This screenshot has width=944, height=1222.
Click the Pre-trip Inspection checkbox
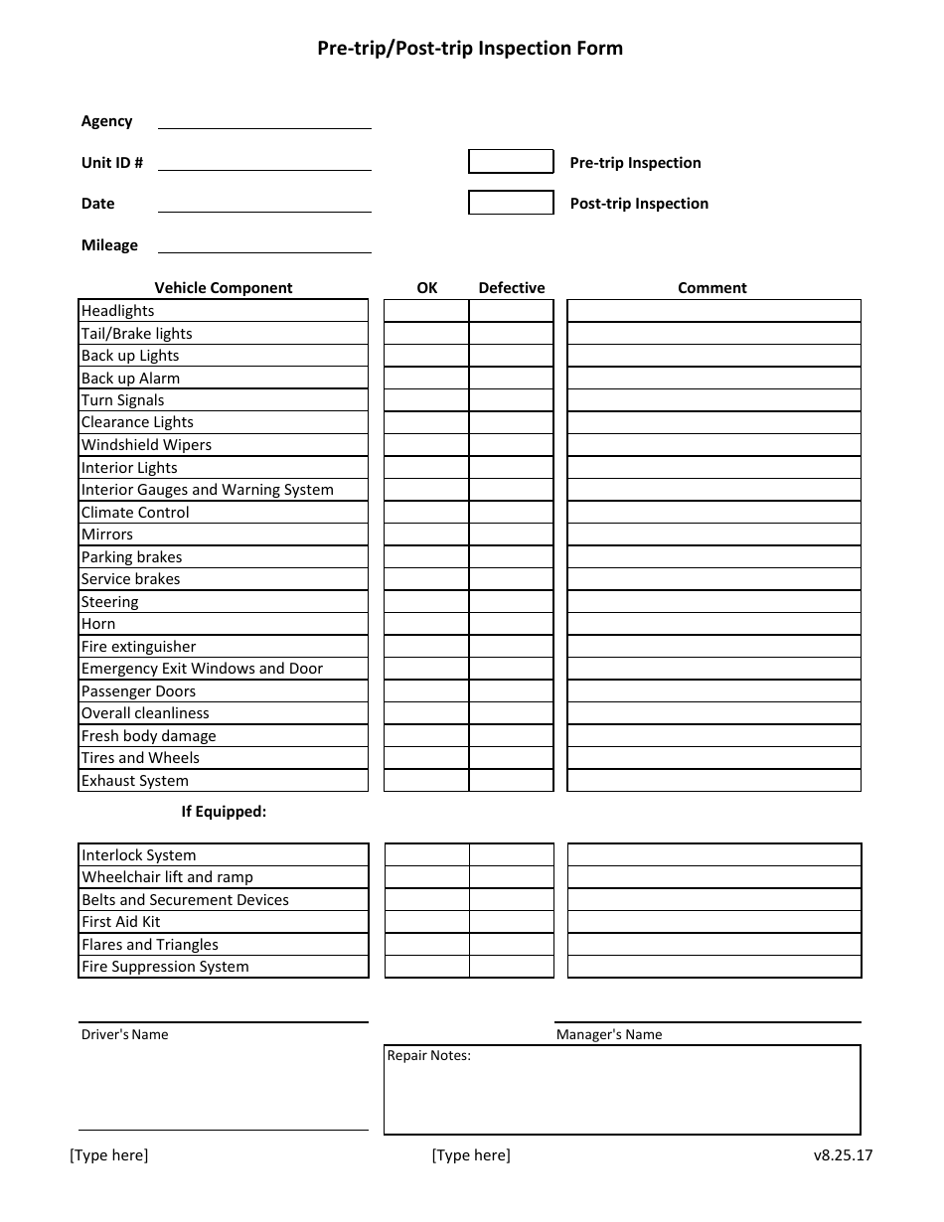tap(511, 162)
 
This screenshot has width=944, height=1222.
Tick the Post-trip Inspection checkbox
tap(511, 203)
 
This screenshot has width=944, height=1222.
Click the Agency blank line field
tap(264, 121)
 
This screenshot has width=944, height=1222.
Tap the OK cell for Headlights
tap(426, 311)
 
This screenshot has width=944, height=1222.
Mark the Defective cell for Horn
tap(511, 624)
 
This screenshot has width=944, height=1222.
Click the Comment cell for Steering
tap(713, 602)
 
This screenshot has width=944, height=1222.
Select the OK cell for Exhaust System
tap(426, 781)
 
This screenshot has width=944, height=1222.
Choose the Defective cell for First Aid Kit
tap(511, 922)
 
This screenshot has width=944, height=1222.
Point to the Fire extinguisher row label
tap(139, 647)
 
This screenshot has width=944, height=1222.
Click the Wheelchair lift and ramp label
tap(167, 877)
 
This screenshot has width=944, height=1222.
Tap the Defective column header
tap(512, 288)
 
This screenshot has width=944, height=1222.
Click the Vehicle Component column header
tap(224, 288)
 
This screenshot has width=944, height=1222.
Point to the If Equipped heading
tap(224, 812)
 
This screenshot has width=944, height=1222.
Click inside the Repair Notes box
tap(622, 1098)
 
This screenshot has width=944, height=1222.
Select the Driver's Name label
tap(125, 1034)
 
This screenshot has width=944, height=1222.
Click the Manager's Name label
tap(609, 1034)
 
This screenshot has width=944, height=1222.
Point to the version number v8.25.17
tap(843, 1154)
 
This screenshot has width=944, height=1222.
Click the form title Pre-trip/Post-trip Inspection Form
tap(470, 48)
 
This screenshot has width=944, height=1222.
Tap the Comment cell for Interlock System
tap(713, 855)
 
